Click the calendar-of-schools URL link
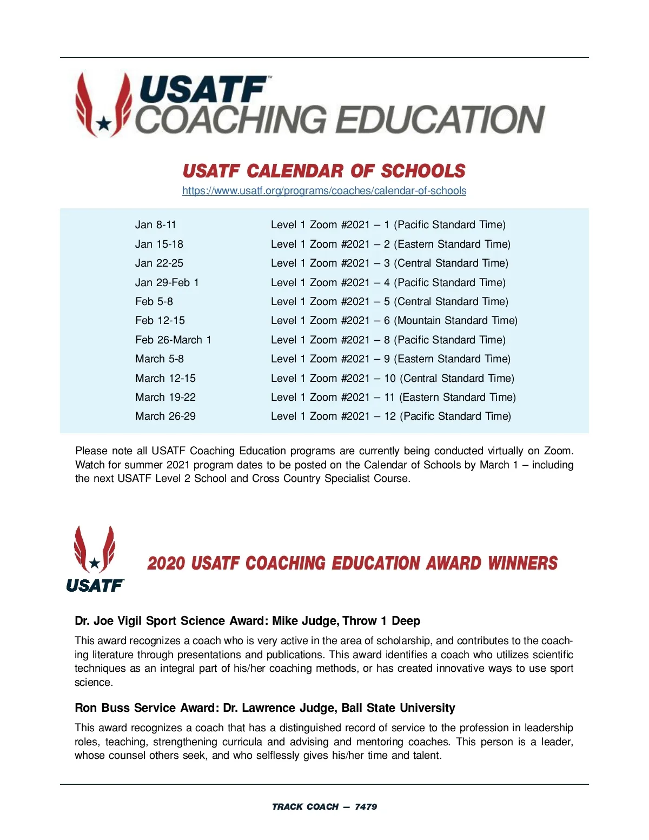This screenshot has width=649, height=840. pos(324,191)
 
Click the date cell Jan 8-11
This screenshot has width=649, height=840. pos(156,225)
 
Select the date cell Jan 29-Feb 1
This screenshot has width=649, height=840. pos(167,282)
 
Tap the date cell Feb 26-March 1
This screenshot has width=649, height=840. pos(173,340)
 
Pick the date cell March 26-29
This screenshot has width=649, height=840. pos(165,416)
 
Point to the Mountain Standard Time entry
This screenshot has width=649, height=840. pos(455,321)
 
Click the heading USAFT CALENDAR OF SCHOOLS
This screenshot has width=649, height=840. pos(324,171)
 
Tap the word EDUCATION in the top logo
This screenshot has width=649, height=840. pos(442,120)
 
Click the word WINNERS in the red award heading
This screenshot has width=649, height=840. pos(522,563)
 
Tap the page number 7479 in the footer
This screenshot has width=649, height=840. pos(366,806)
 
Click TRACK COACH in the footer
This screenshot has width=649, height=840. pos(305,806)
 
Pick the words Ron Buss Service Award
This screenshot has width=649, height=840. pos(144,708)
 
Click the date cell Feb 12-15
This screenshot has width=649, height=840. pos(160,321)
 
